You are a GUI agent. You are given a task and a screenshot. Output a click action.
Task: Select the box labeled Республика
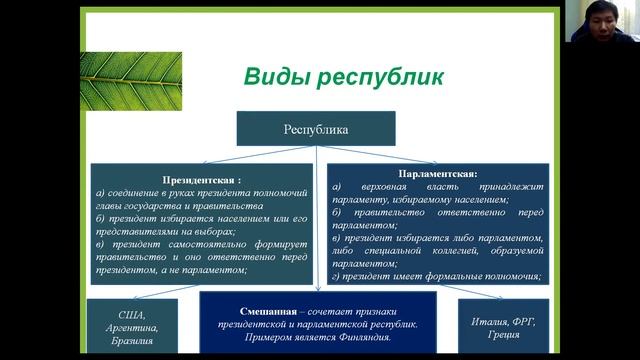point(316,128)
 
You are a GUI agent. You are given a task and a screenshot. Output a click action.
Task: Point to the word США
point(132,313)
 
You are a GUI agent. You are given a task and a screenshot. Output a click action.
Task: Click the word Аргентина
point(132,327)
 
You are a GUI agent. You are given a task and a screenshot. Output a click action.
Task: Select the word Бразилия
point(132,341)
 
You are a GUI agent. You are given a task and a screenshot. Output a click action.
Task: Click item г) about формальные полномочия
point(436,276)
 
